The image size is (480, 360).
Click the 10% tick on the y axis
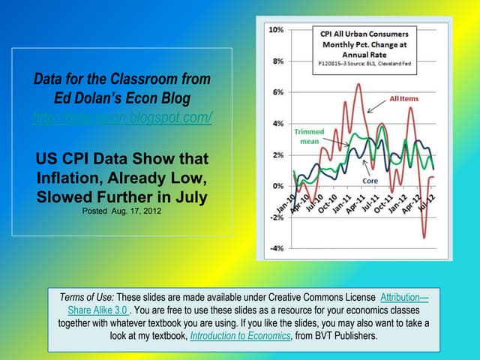(x=275, y=29)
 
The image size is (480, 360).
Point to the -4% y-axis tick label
(x=275, y=248)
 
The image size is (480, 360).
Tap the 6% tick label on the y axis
(x=277, y=92)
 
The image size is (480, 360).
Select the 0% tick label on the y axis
(x=277, y=186)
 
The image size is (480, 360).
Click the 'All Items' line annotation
(x=404, y=99)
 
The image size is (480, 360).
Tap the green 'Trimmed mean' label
(x=309, y=135)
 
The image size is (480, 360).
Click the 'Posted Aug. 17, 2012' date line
(x=122, y=211)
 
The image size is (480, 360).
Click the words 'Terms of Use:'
(x=88, y=297)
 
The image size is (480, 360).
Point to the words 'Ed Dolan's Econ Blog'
(x=122, y=98)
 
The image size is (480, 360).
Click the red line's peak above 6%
(x=358, y=84)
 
